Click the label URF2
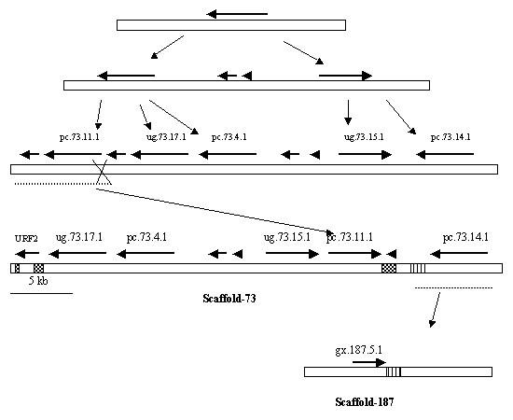(x=25, y=238)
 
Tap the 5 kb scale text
(x=39, y=280)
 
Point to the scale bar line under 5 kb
(x=41, y=292)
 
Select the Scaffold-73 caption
(x=229, y=300)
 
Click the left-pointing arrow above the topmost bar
(x=237, y=14)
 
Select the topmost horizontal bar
(x=230, y=25)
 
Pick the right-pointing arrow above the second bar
(x=345, y=75)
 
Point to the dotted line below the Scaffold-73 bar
(x=440, y=288)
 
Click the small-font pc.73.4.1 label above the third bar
(x=229, y=137)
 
